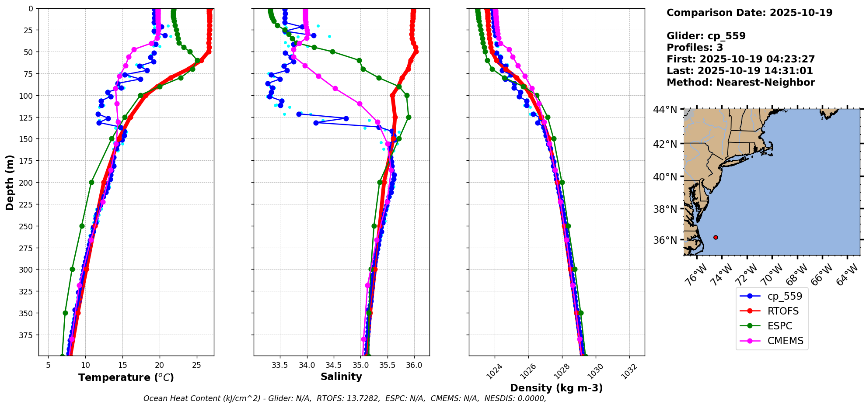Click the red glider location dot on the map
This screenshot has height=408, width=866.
tap(716, 237)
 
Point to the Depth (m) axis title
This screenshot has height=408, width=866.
tap(10, 182)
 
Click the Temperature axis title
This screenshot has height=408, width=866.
tap(126, 377)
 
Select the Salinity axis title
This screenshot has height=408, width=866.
tap(341, 377)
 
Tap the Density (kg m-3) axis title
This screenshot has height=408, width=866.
tap(556, 388)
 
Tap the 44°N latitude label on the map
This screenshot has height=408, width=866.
tap(665, 109)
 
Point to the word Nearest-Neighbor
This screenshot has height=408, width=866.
tap(765, 83)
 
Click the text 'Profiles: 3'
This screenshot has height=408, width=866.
tap(695, 48)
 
